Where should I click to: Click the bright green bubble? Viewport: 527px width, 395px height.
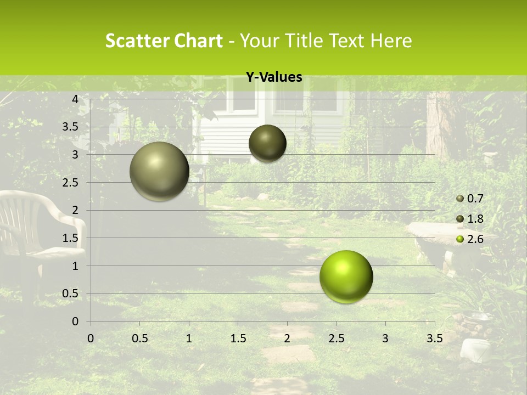tap(346, 276)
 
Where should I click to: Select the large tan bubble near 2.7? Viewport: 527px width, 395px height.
tap(159, 171)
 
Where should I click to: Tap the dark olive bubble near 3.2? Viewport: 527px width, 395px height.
tap(267, 143)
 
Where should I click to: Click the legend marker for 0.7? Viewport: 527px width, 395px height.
tap(460, 199)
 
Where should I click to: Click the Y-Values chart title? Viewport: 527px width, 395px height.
tap(273, 77)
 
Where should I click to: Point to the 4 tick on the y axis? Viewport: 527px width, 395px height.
tap(75, 99)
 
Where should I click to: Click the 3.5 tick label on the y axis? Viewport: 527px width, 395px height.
tap(71, 127)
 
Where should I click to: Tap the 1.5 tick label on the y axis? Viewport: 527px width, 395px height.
tap(71, 238)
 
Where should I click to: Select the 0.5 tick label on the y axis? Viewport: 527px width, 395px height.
tap(71, 294)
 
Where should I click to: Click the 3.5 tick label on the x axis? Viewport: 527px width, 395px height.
tap(434, 338)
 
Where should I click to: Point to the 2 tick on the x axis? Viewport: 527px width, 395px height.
tap(287, 338)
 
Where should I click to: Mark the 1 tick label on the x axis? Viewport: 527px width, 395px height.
tap(189, 338)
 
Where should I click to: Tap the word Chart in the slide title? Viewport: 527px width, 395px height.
tap(198, 41)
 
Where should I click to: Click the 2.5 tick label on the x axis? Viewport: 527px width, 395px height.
tap(336, 338)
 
